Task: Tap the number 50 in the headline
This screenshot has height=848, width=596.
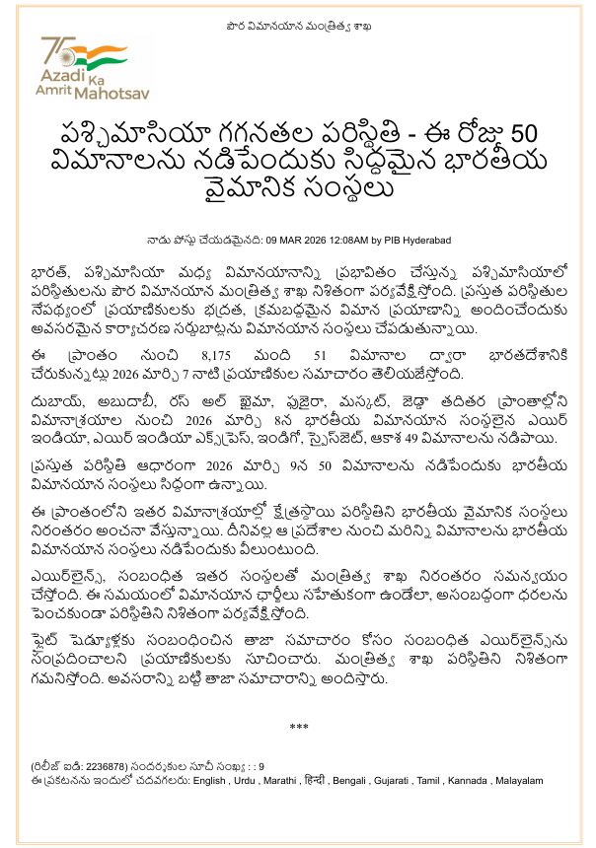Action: pos(521,134)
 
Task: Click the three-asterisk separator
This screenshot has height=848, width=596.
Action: pos(299,729)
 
